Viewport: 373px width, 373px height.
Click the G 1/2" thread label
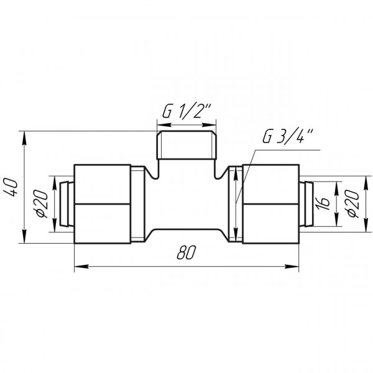(186, 111)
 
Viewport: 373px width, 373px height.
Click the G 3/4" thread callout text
(288, 137)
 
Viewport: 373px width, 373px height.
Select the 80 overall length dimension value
(186, 252)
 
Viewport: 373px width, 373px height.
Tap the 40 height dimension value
(11, 188)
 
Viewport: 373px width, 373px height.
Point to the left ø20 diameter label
(41, 204)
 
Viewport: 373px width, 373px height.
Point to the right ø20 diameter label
(352, 203)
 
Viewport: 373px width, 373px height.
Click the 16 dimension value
(323, 204)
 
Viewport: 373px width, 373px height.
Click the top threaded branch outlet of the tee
(186, 145)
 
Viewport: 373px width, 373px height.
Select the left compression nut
(103, 204)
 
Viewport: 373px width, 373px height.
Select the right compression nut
(270, 204)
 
